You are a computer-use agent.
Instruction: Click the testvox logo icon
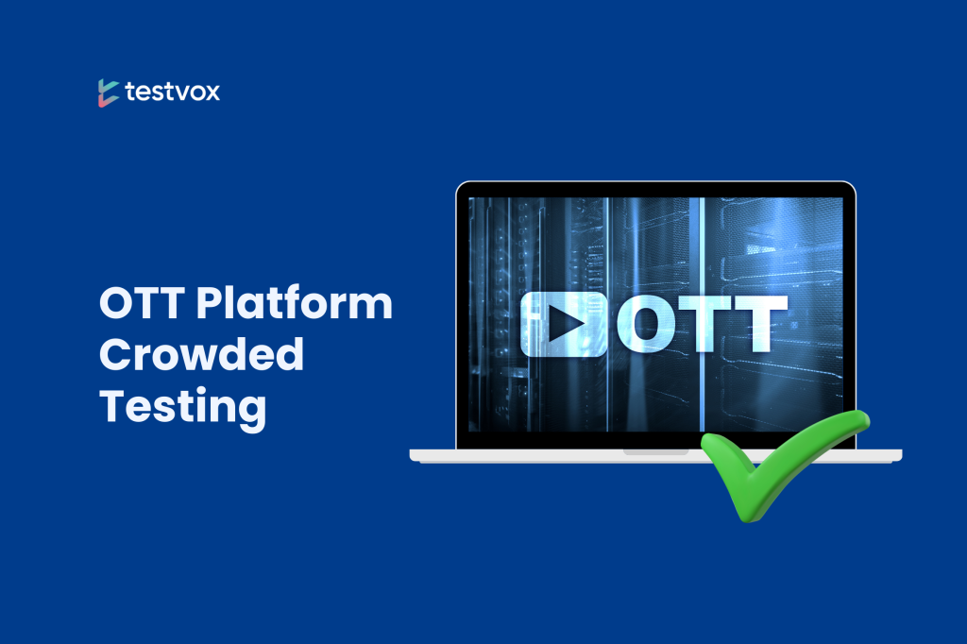(x=107, y=93)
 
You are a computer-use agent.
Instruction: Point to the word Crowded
(x=202, y=357)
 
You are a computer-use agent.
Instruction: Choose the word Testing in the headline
(x=182, y=409)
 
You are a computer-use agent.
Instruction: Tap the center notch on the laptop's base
(x=655, y=451)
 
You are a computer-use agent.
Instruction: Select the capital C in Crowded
(x=119, y=357)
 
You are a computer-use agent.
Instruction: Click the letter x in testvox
(x=212, y=93)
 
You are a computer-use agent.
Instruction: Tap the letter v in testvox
(x=180, y=93)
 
